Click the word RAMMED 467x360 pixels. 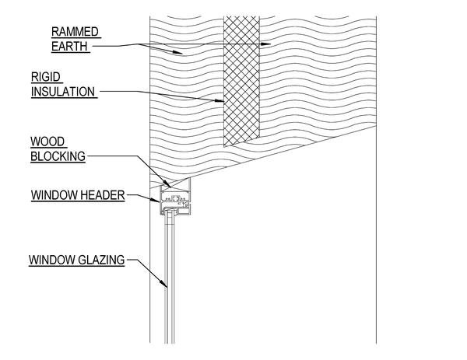[75, 32]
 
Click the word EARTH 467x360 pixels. [71, 46]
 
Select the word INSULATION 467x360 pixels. [63, 92]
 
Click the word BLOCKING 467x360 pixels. [58, 156]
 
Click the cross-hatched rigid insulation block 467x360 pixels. [244, 86]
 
